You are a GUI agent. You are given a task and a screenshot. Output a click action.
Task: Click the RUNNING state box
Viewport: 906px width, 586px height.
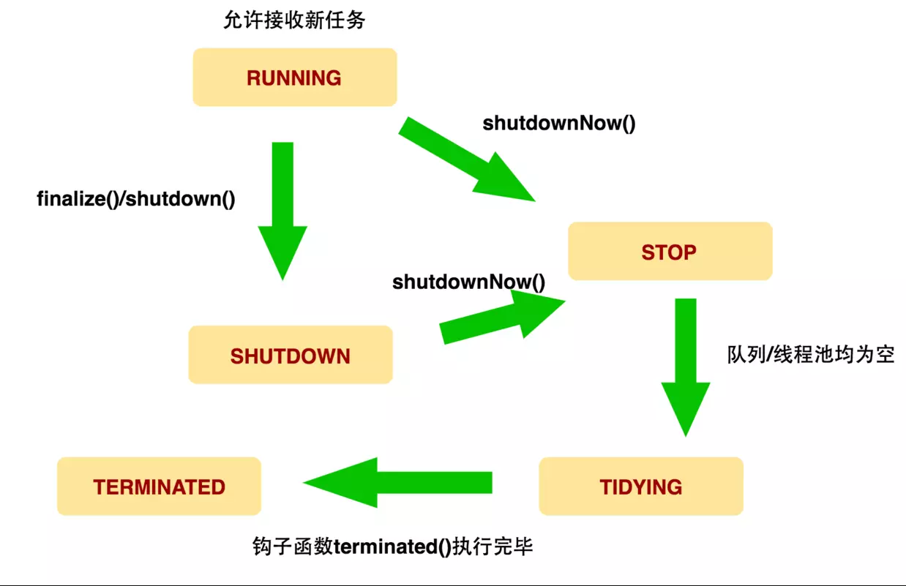point(295,78)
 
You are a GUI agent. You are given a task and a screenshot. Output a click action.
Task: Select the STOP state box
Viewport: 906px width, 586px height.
point(670,251)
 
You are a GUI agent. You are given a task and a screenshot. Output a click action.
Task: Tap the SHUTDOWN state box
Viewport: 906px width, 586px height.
point(291,355)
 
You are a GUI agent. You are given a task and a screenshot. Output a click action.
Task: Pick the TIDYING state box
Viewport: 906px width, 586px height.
point(641,486)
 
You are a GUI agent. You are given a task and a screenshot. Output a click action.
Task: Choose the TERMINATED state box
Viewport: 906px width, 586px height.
point(159,486)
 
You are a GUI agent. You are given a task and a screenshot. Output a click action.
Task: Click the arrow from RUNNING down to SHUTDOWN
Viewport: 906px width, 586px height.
point(282,211)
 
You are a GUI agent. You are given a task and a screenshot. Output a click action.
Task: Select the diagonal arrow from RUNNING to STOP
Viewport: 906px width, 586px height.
point(467,159)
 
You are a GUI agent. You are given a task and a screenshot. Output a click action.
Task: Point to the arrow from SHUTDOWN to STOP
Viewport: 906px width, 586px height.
point(502,317)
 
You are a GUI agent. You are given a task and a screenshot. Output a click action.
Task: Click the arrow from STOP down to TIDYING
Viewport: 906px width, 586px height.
point(686,367)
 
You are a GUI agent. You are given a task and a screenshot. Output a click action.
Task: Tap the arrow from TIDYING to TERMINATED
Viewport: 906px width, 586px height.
point(397,482)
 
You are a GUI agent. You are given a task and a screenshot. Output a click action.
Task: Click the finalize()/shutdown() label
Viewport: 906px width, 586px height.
point(136,199)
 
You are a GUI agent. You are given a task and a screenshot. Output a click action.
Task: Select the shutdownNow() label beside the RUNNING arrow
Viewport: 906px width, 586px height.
point(559,124)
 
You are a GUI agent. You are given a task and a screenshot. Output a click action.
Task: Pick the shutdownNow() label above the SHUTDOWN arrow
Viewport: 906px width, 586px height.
point(469,282)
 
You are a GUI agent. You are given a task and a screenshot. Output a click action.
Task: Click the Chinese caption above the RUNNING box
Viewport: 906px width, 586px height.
point(294,20)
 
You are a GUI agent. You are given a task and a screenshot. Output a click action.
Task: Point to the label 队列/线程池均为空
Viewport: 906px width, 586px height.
point(811,355)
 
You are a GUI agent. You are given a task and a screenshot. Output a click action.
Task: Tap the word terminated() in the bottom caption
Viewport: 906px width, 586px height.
point(392,546)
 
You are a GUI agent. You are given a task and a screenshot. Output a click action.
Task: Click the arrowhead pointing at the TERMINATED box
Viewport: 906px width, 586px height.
point(340,482)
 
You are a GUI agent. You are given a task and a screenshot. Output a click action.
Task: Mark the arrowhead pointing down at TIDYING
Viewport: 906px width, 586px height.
point(686,410)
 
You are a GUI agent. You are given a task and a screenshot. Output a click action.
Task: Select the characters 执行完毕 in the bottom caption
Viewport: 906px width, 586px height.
point(493,546)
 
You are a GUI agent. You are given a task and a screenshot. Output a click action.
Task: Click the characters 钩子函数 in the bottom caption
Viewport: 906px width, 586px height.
point(293,546)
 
